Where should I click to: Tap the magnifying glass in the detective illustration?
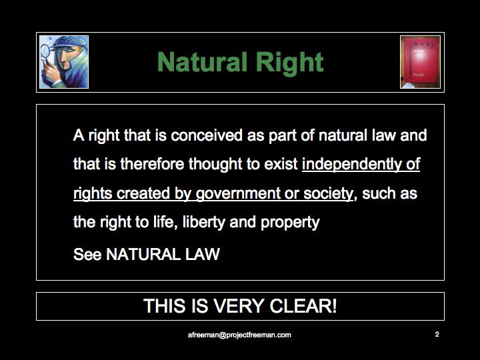point(45,53)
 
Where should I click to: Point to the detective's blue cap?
point(69,43)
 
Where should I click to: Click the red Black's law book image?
point(420,62)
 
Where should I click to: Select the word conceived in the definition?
point(207,135)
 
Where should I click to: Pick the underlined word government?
point(238,194)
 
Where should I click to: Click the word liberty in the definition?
point(204,222)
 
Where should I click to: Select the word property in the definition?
point(290,223)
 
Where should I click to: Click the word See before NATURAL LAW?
point(87,254)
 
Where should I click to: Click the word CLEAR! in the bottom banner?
point(303,306)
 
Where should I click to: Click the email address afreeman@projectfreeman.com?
point(239,335)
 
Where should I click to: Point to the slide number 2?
point(437,334)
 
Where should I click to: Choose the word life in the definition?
point(165,222)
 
